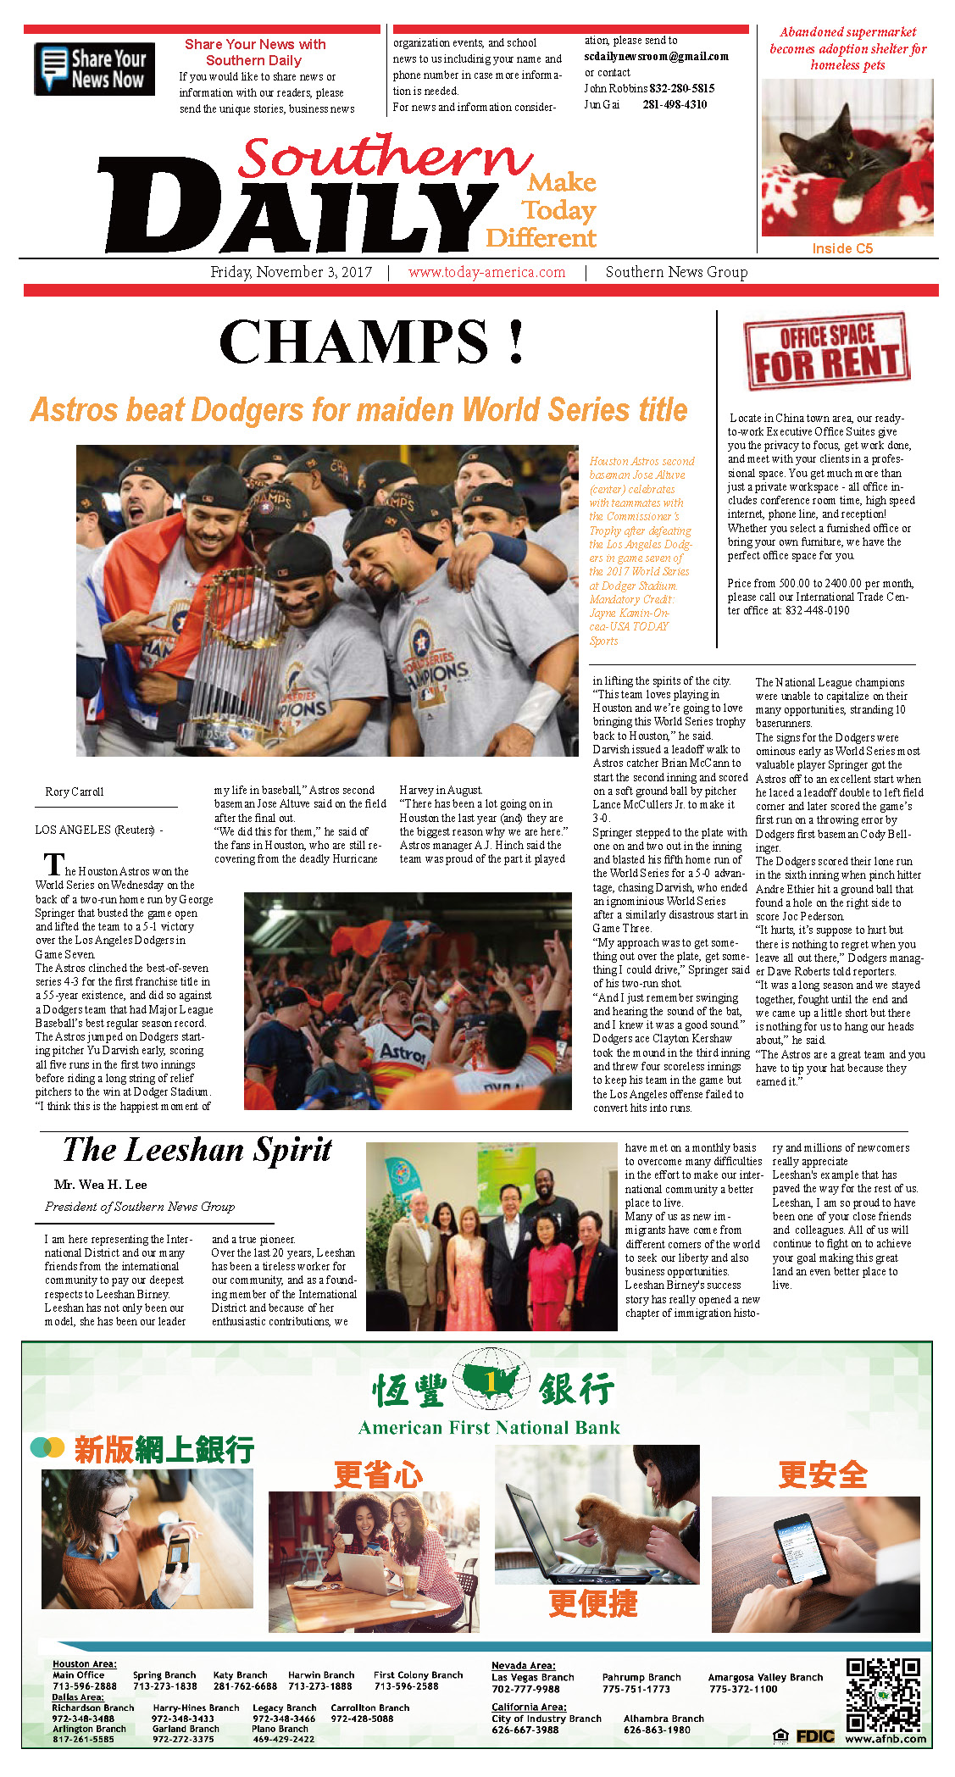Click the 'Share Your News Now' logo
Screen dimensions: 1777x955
pos(94,69)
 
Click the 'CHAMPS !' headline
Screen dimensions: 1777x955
pos(371,342)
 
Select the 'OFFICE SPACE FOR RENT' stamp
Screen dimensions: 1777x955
pos(826,351)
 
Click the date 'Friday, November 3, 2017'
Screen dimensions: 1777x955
pos(291,272)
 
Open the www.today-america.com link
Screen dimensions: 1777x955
pos(486,272)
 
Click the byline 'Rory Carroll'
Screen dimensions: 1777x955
pos(75,791)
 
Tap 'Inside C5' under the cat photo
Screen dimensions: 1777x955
pos(841,248)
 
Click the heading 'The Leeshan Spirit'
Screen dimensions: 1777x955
pos(197,1150)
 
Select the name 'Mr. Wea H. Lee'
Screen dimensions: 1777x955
pos(100,1185)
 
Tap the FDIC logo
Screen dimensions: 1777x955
pos(813,1736)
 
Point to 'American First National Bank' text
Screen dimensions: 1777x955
pos(489,1428)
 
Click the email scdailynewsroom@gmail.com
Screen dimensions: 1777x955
pos(656,56)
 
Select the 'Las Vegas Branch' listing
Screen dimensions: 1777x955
pos(532,1677)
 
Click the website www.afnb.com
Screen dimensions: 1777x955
pos(886,1739)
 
